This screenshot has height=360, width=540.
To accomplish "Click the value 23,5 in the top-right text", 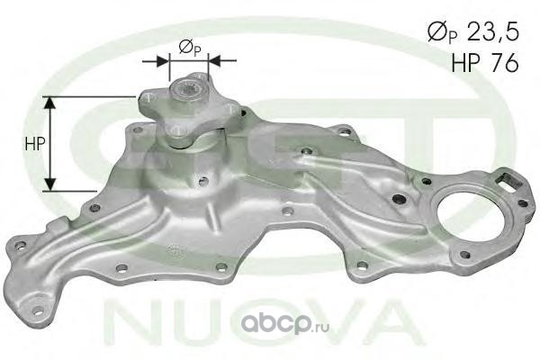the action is coord(493,33).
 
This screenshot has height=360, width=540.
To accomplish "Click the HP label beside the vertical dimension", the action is coord(35,143).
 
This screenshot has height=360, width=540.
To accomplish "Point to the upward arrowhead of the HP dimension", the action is coord(50,103).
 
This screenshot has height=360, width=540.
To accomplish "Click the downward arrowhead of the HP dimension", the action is coord(50,184).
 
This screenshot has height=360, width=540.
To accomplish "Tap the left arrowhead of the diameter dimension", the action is coord(163,60).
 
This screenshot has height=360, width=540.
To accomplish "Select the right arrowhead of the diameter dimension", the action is coord(215,60).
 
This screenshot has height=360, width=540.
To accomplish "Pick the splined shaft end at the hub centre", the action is coord(188,91).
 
